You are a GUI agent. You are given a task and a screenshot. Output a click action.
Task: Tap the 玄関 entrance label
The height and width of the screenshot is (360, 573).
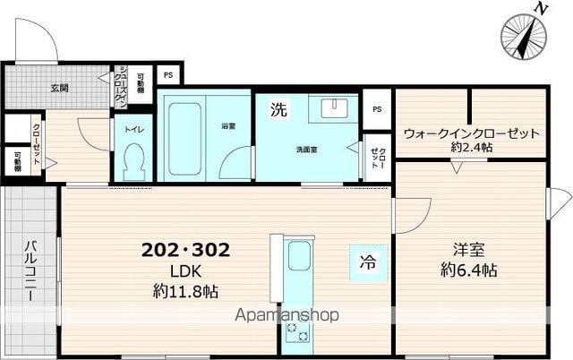[x=59, y=88]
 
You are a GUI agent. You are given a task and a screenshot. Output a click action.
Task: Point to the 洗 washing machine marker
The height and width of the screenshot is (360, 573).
[x=279, y=110]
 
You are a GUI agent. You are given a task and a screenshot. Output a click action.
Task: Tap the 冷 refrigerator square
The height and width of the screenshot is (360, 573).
[x=367, y=262]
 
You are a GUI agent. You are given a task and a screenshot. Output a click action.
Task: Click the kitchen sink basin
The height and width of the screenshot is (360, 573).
[x=299, y=257]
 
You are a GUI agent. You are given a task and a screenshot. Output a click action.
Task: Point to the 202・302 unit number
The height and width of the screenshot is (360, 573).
[x=186, y=251]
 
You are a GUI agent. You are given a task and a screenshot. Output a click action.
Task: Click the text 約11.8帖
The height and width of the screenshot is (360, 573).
[x=187, y=291]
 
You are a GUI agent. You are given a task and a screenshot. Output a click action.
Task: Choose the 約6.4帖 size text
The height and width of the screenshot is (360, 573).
[x=469, y=270]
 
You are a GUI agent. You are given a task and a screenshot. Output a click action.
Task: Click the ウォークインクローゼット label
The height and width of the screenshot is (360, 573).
[x=471, y=133]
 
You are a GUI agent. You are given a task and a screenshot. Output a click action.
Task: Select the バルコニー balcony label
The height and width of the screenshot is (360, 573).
[x=30, y=272]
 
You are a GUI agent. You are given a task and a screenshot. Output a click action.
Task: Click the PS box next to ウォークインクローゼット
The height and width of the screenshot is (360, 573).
[x=377, y=109]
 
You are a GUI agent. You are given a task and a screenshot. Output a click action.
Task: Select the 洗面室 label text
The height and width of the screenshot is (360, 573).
[x=308, y=150]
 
